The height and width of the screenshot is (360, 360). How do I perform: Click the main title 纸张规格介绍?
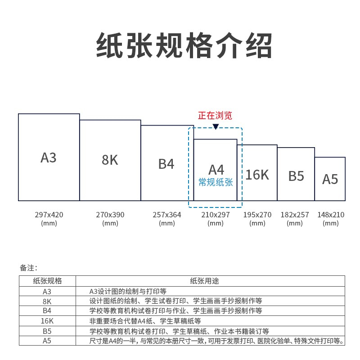click(x=184, y=45)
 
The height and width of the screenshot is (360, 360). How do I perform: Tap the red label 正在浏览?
click(x=215, y=116)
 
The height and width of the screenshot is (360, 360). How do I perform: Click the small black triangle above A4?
click(x=216, y=127)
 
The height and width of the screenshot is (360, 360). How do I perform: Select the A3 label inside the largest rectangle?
click(x=49, y=158)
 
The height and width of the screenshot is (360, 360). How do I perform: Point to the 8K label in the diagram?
click(x=110, y=160)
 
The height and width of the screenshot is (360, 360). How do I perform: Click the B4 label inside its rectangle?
click(x=166, y=164)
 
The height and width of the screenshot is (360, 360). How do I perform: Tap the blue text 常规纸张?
click(x=216, y=182)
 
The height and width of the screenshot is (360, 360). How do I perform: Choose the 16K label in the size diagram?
click(x=257, y=175)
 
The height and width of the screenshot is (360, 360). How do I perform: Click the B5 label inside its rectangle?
click(x=296, y=176)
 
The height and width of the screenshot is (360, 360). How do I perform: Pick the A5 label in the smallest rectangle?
click(x=330, y=179)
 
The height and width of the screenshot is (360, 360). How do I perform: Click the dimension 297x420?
click(x=49, y=215)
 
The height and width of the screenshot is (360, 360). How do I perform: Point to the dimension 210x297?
click(x=216, y=215)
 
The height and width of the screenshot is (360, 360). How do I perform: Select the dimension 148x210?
click(x=331, y=215)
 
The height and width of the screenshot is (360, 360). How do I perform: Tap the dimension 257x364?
click(x=166, y=215)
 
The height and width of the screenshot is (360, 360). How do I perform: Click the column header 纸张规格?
click(x=47, y=281)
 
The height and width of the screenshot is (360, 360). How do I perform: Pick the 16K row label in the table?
click(x=47, y=321)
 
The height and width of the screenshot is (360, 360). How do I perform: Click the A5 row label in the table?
click(x=47, y=341)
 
